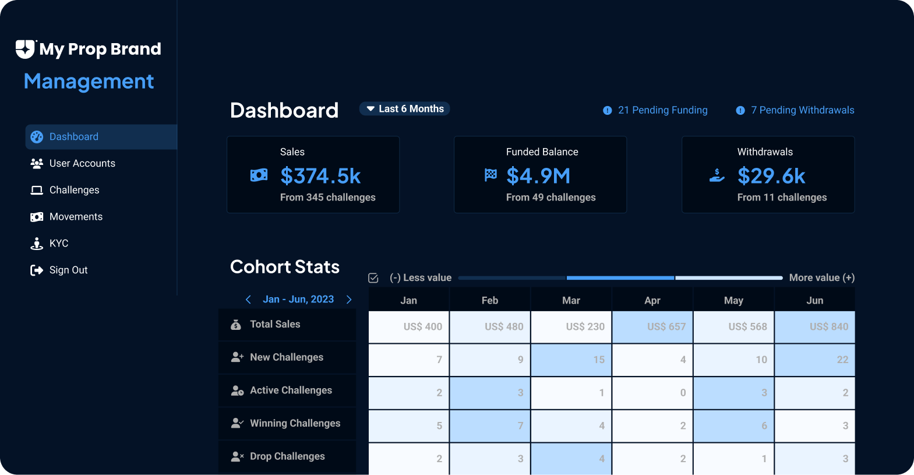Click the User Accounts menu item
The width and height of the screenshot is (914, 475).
pos(82,163)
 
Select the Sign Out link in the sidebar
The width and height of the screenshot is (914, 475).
pos(68,270)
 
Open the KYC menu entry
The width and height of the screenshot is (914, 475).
pos(58,243)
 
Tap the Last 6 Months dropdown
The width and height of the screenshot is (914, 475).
pos(404,109)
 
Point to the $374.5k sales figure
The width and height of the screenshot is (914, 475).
pos(320,176)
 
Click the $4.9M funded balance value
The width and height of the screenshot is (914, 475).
pos(538,176)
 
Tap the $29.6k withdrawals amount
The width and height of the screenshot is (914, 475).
pos(771,176)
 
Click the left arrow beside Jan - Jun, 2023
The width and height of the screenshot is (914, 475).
pos(248,300)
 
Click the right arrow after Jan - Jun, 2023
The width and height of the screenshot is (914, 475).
pos(349,300)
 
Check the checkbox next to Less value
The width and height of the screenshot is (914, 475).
pos(373,278)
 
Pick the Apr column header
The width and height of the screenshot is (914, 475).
pos(652,300)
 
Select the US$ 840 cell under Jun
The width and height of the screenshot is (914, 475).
pos(814,326)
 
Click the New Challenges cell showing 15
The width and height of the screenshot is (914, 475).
pos(571,360)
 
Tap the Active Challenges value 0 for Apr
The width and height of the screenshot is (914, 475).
pos(652,393)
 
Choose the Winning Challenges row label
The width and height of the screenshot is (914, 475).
pos(295,423)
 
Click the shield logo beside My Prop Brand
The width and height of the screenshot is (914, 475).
pos(25,49)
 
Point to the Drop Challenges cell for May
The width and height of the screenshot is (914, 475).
pos(733,459)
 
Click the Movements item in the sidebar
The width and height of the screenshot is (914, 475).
pos(76,217)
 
